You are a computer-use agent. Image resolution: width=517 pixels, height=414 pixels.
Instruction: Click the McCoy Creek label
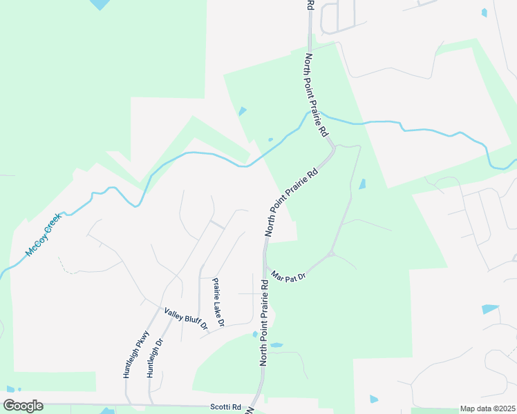44,235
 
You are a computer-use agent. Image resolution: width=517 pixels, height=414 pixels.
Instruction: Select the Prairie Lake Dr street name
219,302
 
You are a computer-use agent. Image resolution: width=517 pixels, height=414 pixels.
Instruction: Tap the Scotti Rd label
226,407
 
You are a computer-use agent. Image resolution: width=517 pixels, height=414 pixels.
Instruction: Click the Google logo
23,406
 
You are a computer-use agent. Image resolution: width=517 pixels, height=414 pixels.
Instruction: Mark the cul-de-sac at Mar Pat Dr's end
331,254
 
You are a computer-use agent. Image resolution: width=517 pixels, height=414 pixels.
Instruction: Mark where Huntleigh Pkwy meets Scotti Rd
127,404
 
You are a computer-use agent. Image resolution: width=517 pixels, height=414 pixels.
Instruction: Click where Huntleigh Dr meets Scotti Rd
150,404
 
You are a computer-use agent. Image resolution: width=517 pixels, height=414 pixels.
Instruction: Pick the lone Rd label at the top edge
311,5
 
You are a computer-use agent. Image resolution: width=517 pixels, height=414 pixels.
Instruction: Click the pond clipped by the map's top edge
99,4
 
